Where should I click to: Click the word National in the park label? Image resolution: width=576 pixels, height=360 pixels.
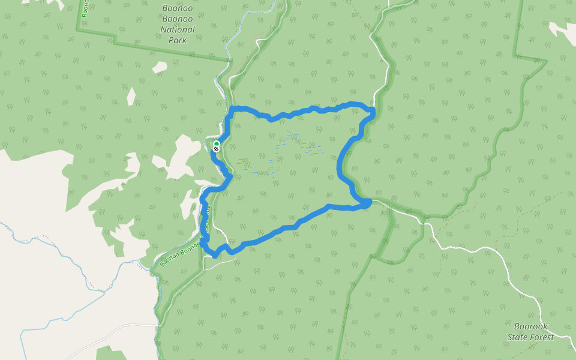pos(178,29)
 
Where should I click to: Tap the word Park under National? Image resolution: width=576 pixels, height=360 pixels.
pos(178,40)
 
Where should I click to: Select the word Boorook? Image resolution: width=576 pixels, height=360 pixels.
pos(531,326)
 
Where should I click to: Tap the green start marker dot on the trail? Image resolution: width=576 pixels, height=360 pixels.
pos(216,143)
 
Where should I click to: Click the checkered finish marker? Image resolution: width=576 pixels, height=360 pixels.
pos(216,148)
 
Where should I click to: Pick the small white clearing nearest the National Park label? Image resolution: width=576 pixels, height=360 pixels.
pos(160,67)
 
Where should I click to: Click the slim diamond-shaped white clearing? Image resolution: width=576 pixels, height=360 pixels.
pos(131,96)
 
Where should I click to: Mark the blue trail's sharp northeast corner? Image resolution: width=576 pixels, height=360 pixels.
pos(373,110)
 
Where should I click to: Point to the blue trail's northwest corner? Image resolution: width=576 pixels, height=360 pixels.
pos(234,109)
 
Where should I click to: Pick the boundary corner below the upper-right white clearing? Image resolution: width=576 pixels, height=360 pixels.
pos(514,56)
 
